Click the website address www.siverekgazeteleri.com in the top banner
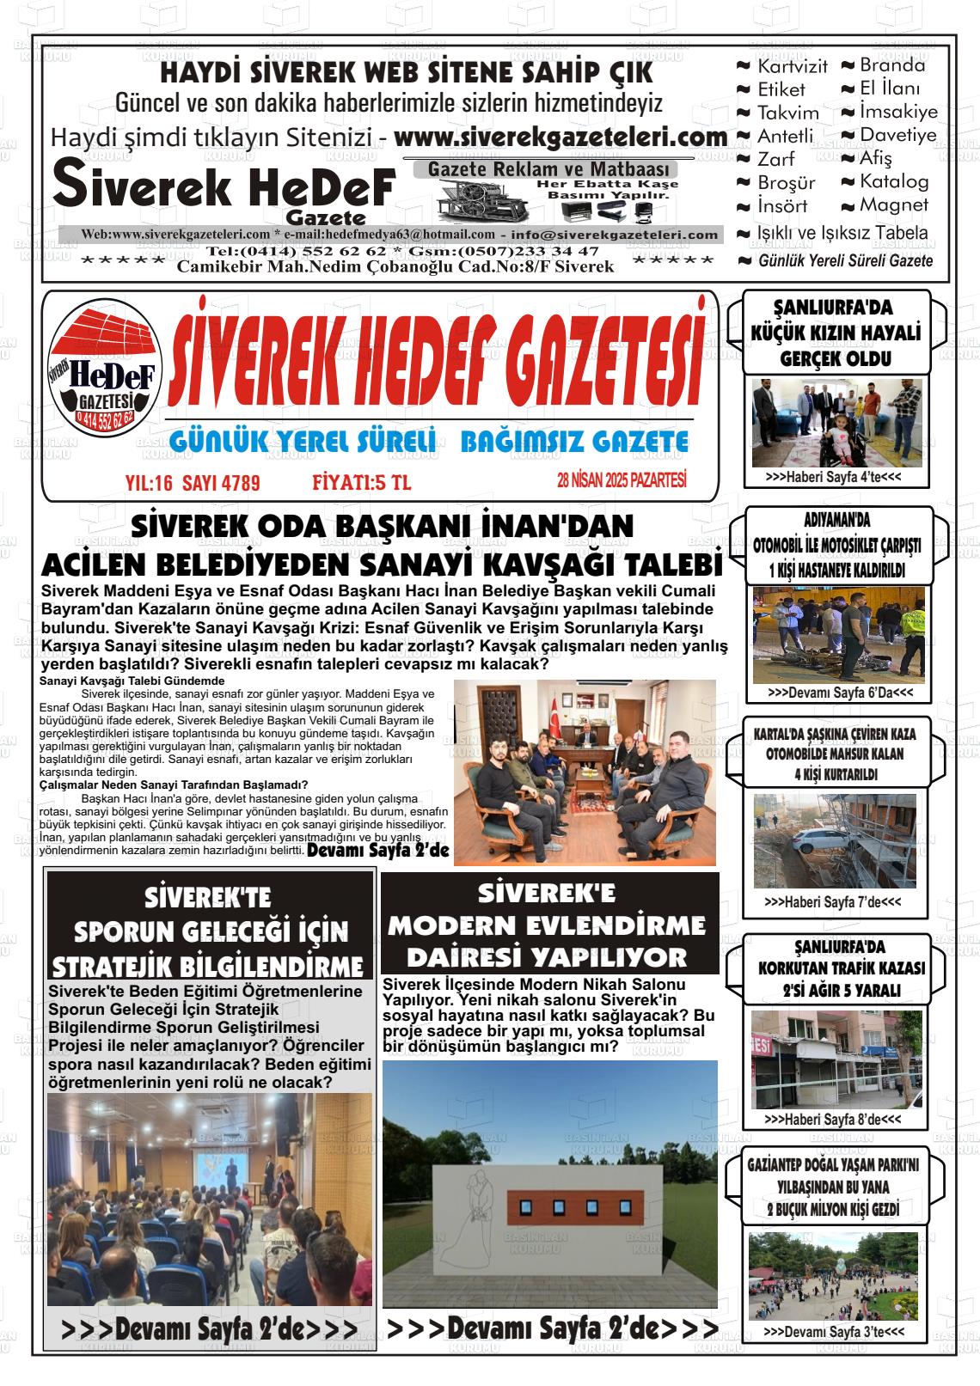point(560,137)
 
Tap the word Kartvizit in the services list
point(792,66)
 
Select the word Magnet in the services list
point(894,205)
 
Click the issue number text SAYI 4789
point(228,484)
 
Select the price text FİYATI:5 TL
point(361,484)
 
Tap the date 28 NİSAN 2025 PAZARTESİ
point(622,482)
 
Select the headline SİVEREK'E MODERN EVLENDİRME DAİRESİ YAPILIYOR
point(548,925)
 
